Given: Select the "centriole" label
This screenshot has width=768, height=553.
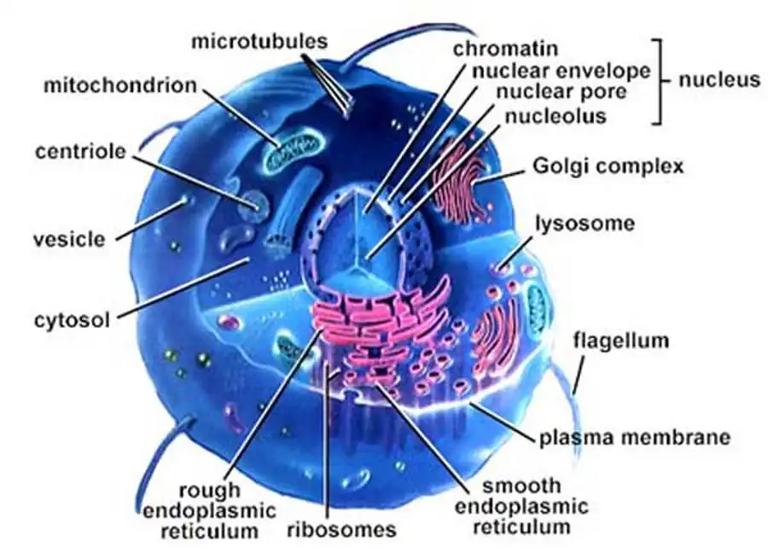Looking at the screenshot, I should (x=81, y=152).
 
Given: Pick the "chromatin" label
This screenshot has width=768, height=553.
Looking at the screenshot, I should (x=504, y=49).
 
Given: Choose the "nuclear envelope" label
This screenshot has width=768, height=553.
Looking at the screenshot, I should (x=551, y=71).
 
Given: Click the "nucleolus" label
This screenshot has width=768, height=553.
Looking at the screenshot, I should (x=554, y=114).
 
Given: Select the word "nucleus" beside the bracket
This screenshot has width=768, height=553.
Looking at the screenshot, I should (x=719, y=80).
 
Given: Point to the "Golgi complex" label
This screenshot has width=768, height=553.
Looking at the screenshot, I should (x=608, y=166).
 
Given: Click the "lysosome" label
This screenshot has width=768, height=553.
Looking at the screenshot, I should (x=585, y=224).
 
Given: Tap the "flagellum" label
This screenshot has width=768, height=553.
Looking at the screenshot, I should (x=620, y=341).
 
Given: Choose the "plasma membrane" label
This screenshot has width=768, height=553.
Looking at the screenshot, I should (x=634, y=438).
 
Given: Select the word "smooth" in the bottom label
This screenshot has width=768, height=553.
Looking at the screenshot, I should (x=521, y=486).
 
